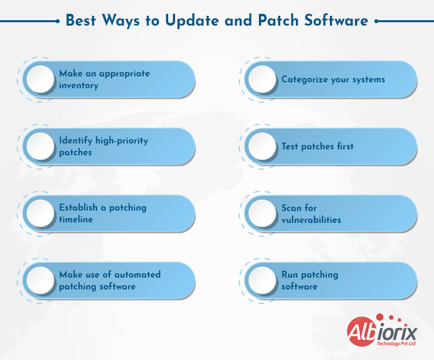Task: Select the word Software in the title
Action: [335, 21]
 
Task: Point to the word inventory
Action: [79, 85]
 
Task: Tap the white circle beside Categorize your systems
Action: [262, 79]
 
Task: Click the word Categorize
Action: [304, 79]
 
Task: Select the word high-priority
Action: [119, 141]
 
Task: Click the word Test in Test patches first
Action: [290, 146]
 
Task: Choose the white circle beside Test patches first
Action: [262, 146]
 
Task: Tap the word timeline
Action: [76, 219]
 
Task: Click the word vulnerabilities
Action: [311, 219]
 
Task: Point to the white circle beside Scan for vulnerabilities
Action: [262, 214]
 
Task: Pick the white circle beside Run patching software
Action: [262, 281]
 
